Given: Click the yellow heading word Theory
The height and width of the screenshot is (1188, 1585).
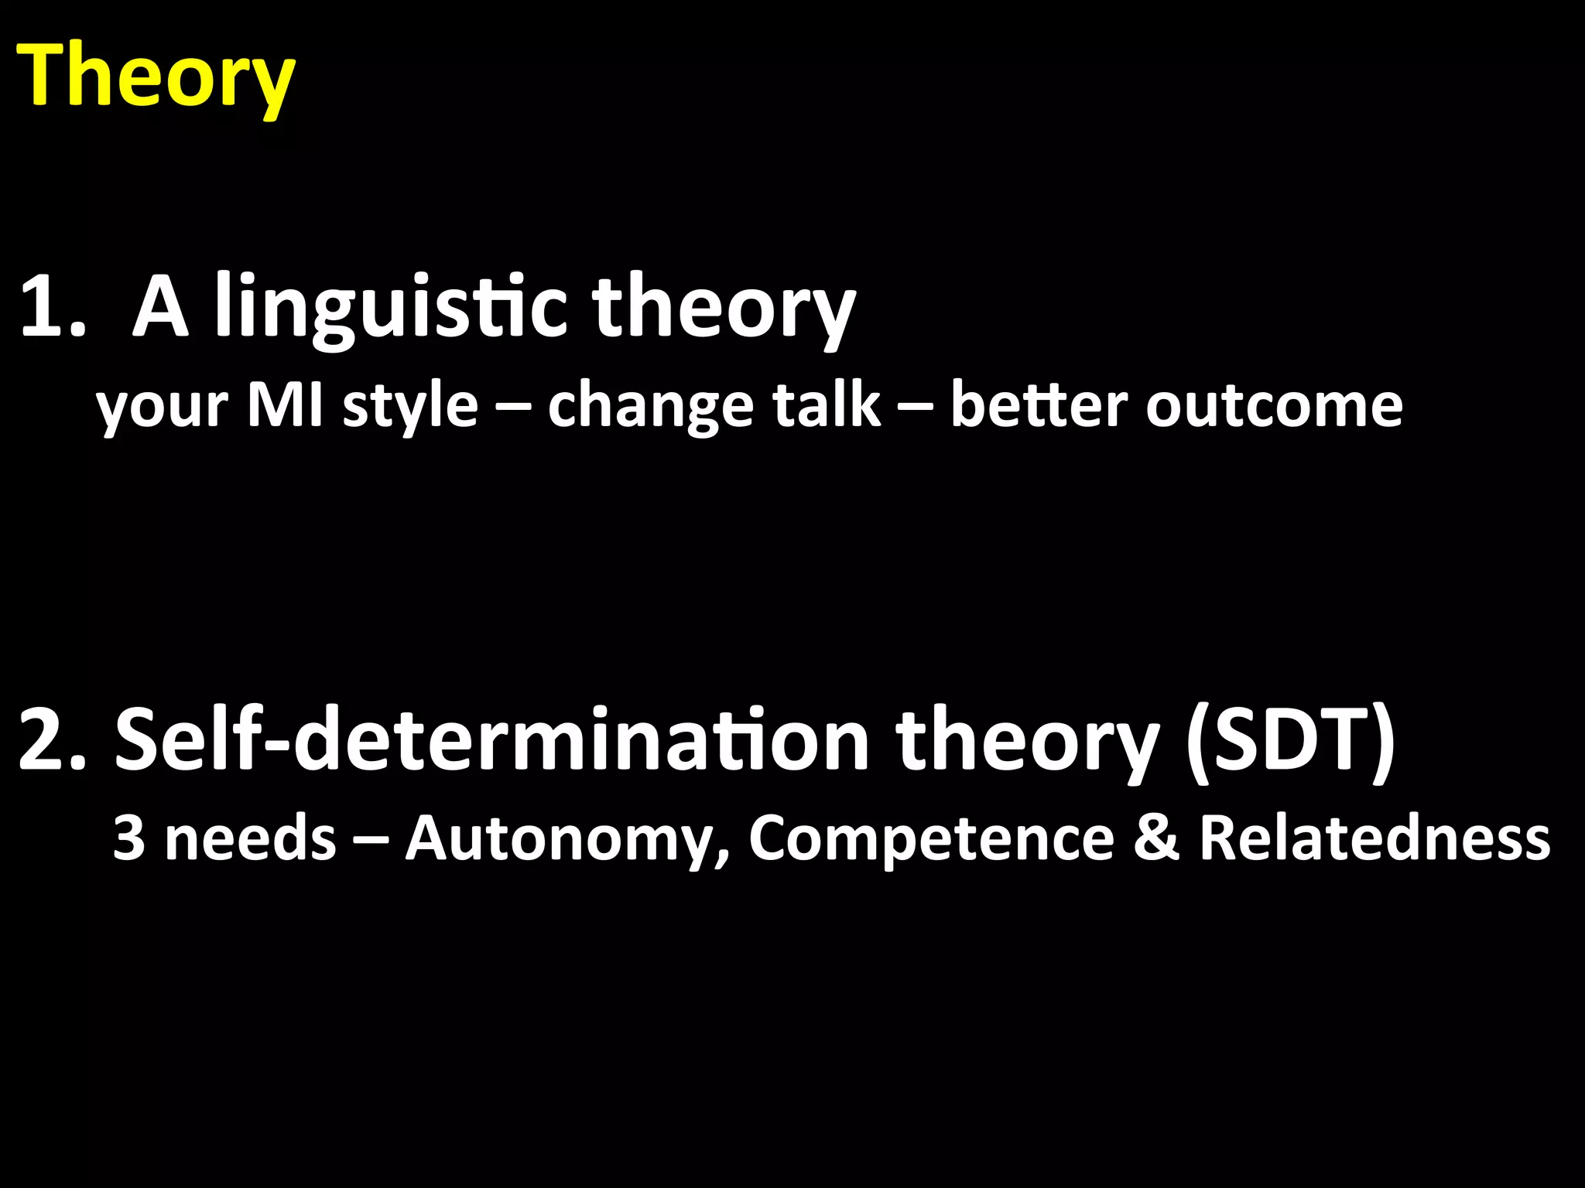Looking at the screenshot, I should click(155, 77).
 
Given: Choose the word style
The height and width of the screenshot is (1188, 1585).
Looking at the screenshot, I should click(410, 405).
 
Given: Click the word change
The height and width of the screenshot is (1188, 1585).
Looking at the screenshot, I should click(650, 405).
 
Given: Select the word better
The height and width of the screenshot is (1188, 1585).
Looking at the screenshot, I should click(1037, 405).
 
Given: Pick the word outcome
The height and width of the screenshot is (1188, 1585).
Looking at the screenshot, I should click(1274, 405).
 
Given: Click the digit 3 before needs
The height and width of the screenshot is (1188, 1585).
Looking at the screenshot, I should click(128, 838).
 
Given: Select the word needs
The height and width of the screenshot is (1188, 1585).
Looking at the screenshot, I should click(251, 838).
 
